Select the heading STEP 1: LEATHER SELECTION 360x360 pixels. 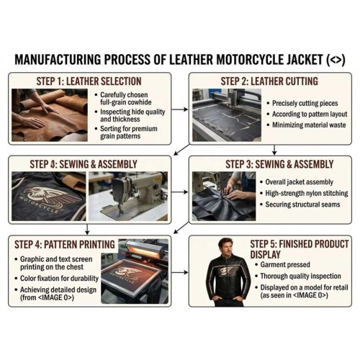[x=89, y=81]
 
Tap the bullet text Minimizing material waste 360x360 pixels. [x=309, y=125]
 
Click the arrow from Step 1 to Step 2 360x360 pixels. [x=180, y=109]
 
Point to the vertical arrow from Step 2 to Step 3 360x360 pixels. [x=274, y=150]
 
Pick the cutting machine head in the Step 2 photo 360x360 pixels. [x=232, y=98]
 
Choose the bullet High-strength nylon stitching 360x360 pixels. [x=307, y=193]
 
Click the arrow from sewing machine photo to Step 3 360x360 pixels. [x=180, y=192]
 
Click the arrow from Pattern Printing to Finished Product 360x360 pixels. [x=180, y=272]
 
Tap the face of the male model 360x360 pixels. [x=226, y=247]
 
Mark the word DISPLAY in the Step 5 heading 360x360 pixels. [x=265, y=255]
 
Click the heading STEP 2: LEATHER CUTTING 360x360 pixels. [x=269, y=81]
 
